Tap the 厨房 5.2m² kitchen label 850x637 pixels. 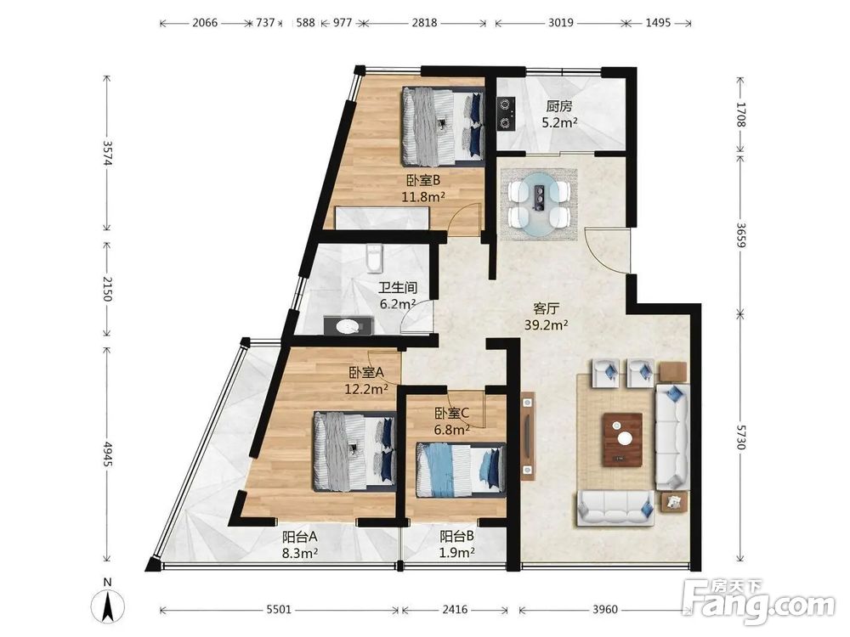coord(559,114)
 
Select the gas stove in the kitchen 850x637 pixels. coord(506,114)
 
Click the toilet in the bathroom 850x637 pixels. coord(374,257)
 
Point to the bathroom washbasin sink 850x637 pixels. coord(348,327)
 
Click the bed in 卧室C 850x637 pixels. coord(461,470)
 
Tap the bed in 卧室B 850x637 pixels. coord(442,127)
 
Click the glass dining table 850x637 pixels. coord(539,204)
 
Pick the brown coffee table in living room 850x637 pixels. coord(623,439)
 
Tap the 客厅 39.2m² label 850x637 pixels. coord(546,316)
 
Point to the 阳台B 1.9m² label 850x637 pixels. coord(457,544)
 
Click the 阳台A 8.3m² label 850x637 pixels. coord(299,544)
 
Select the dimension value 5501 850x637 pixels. coord(279,609)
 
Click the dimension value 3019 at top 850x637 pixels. coord(560,23)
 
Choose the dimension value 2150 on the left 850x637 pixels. coord(107,289)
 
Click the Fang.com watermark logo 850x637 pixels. coord(759,600)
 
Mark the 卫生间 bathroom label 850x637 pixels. coord(397,287)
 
